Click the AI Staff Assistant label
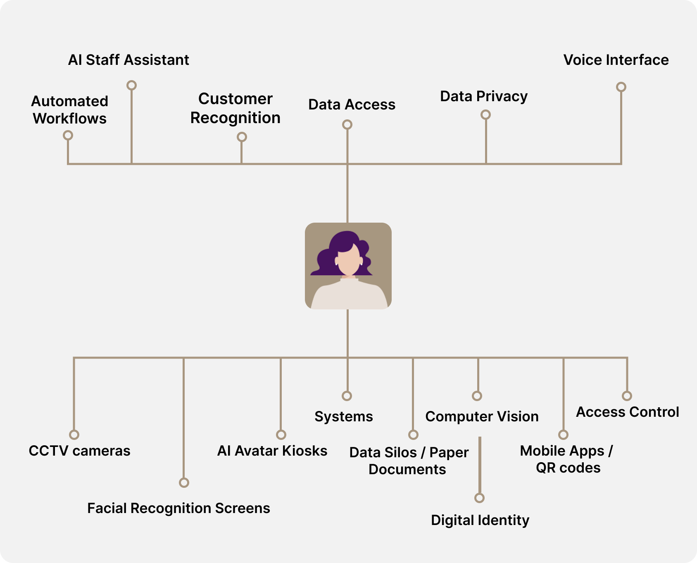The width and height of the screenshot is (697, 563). [x=128, y=60]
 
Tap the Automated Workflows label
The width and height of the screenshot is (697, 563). [x=70, y=110]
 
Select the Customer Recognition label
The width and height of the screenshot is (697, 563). [x=236, y=108]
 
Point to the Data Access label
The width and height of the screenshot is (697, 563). [x=352, y=105]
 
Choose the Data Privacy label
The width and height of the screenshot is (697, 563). [x=484, y=96]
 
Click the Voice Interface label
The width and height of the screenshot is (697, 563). [x=616, y=60]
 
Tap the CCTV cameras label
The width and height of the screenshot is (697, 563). [x=79, y=451]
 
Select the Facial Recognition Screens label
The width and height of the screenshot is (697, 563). [x=178, y=508]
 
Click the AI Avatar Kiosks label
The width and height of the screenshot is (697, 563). [x=272, y=451]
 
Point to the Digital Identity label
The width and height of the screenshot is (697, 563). [x=480, y=520]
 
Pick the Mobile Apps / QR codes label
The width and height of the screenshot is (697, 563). [x=567, y=459]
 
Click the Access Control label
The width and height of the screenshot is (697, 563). [x=628, y=412]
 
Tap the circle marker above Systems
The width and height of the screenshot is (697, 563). [x=347, y=396]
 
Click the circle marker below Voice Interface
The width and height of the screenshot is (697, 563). [x=621, y=87]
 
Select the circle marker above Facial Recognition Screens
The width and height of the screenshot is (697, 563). [x=184, y=482]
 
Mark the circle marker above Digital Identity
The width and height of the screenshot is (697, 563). [x=479, y=498]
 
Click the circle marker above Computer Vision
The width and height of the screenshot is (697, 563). [x=477, y=396]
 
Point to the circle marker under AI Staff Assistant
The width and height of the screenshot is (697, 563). [x=131, y=85]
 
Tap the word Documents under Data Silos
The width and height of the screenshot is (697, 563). [x=407, y=470]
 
